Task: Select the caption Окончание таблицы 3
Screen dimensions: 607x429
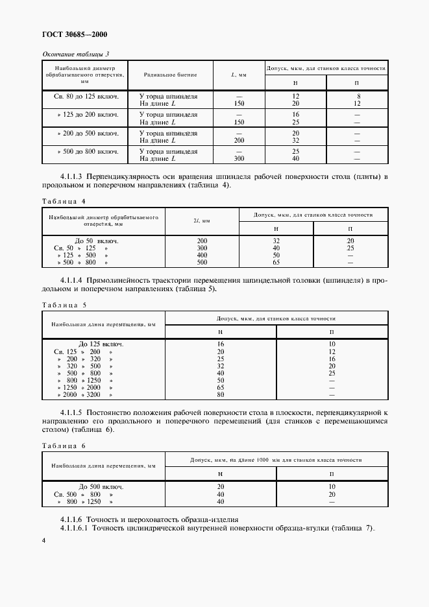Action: click(76, 53)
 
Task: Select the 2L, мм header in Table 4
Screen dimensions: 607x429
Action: click(202, 221)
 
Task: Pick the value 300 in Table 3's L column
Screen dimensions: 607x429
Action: click(239, 158)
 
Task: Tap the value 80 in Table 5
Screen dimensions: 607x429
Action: click(221, 394)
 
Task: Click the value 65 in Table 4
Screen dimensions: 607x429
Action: click(276, 263)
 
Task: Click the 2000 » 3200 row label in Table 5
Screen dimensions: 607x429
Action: click(86, 394)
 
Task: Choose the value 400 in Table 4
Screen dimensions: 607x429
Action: click(202, 256)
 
